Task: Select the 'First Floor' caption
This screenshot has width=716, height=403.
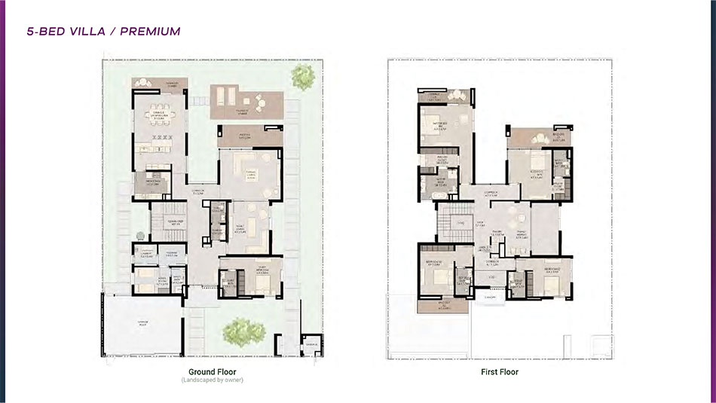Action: pyautogui.click(x=499, y=371)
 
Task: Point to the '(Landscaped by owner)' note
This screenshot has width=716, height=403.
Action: pyautogui.click(x=213, y=380)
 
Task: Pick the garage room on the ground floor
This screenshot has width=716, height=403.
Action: pyautogui.click(x=141, y=324)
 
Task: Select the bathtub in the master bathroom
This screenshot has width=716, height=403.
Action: pyautogui.click(x=426, y=194)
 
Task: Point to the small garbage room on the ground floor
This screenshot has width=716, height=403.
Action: pyautogui.click(x=309, y=346)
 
